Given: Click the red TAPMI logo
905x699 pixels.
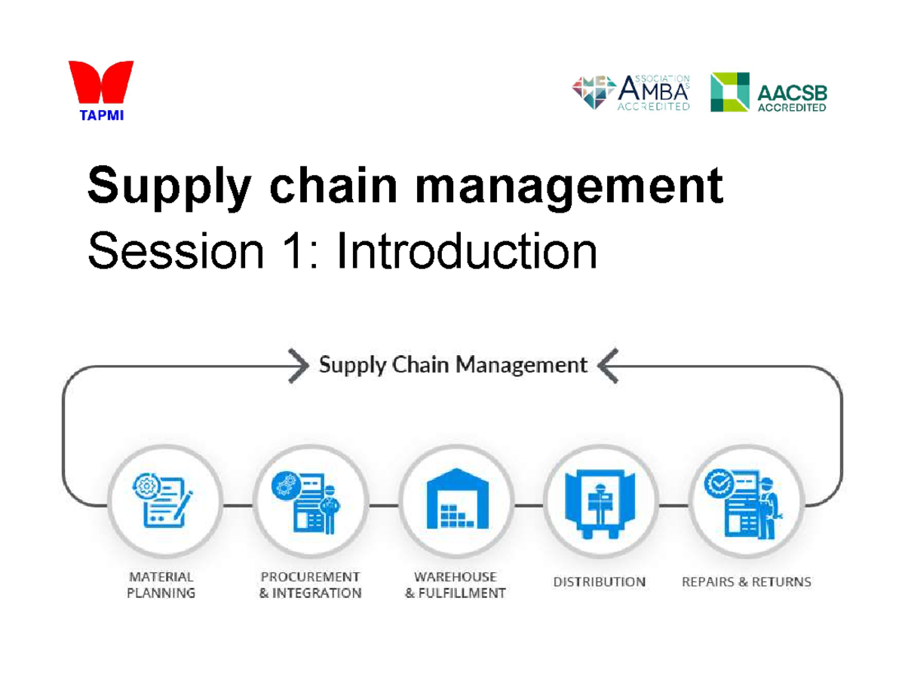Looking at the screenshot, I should [x=101, y=89].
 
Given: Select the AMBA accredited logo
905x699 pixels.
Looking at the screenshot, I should [x=631, y=93].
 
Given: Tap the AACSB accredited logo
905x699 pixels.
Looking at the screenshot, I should [x=768, y=93].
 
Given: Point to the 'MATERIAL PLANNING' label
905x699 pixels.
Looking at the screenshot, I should [x=161, y=585].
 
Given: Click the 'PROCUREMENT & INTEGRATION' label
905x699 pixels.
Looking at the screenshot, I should [x=309, y=585].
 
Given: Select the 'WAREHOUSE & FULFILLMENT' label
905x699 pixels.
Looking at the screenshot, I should [x=455, y=585].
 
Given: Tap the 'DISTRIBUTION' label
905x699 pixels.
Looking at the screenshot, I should [x=600, y=581].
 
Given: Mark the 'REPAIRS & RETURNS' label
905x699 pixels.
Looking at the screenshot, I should [x=747, y=581].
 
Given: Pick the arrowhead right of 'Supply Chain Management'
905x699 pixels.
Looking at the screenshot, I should [x=608, y=366].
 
